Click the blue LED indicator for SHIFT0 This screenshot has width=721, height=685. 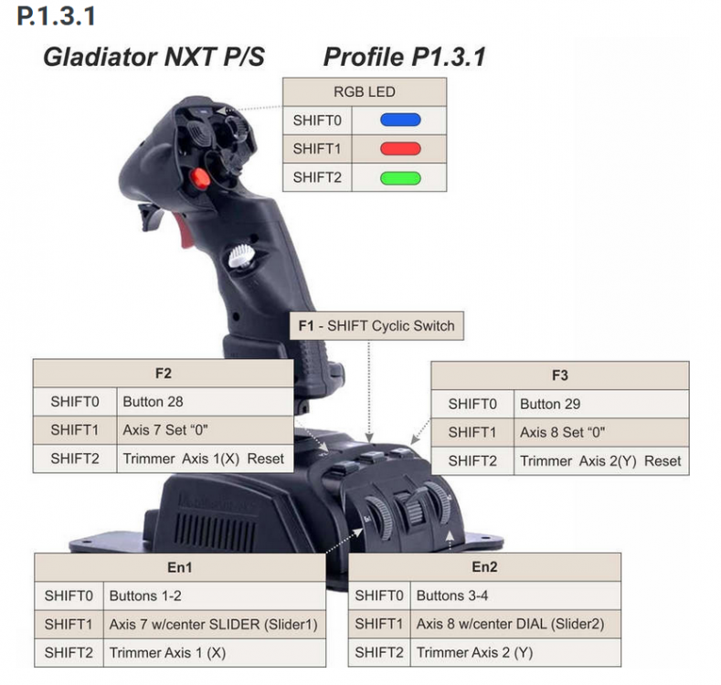pyautogui.click(x=399, y=120)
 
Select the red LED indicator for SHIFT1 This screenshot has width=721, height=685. pyautogui.click(x=399, y=148)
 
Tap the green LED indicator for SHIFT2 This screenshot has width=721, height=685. pyautogui.click(x=399, y=177)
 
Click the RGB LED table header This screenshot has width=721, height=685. pyautogui.click(x=365, y=91)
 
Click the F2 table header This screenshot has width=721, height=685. pyautogui.click(x=164, y=374)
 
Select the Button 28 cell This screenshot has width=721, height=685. pyautogui.click(x=204, y=402)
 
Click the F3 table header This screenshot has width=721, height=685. pyautogui.click(x=560, y=375)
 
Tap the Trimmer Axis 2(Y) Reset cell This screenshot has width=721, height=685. pyautogui.click(x=600, y=460)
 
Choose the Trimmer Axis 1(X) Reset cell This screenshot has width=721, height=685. pyautogui.click(x=204, y=458)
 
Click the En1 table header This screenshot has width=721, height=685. pyautogui.click(x=180, y=567)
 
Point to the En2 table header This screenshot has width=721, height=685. pyautogui.click(x=484, y=567)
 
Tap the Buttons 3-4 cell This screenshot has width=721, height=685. pyautogui.click(x=514, y=596)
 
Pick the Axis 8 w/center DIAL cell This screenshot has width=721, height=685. pyautogui.click(x=514, y=625)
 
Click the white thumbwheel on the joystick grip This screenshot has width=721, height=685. pyautogui.click(x=241, y=256)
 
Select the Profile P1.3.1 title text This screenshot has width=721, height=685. pyautogui.click(x=405, y=58)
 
